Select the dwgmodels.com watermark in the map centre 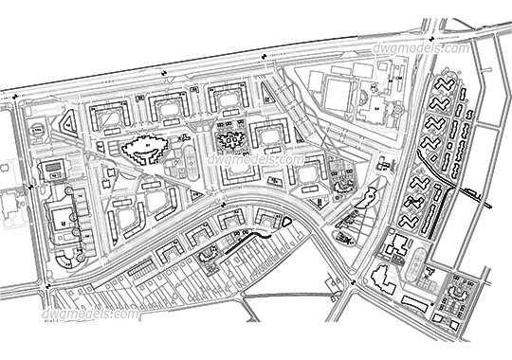pos(256,159)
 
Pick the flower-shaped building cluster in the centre pos(230,141)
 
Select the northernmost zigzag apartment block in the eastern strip pos(442,84)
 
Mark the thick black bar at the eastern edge pos(474,198)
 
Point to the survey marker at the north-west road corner pos(16,96)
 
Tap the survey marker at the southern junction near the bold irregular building pos(353,281)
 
